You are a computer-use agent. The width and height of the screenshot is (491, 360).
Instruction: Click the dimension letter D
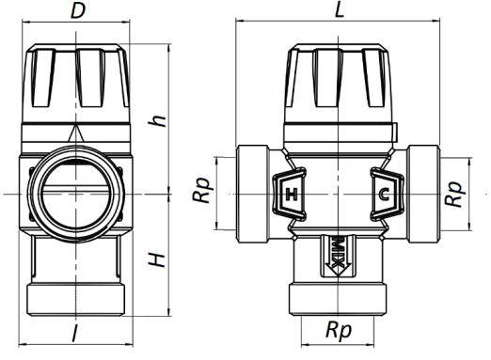point(78,10)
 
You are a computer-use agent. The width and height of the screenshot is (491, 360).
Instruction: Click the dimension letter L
point(340,9)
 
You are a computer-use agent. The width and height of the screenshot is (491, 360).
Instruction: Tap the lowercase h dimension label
point(157,121)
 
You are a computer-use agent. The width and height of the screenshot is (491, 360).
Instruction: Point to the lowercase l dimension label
point(74,333)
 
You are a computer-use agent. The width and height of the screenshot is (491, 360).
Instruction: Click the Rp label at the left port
point(200,190)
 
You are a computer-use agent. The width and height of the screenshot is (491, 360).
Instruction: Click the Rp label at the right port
point(454,194)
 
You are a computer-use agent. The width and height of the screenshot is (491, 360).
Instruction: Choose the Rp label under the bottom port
point(339,330)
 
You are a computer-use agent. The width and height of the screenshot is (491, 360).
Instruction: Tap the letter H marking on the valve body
point(292,195)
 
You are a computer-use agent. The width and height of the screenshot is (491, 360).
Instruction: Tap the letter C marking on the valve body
point(384,195)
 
